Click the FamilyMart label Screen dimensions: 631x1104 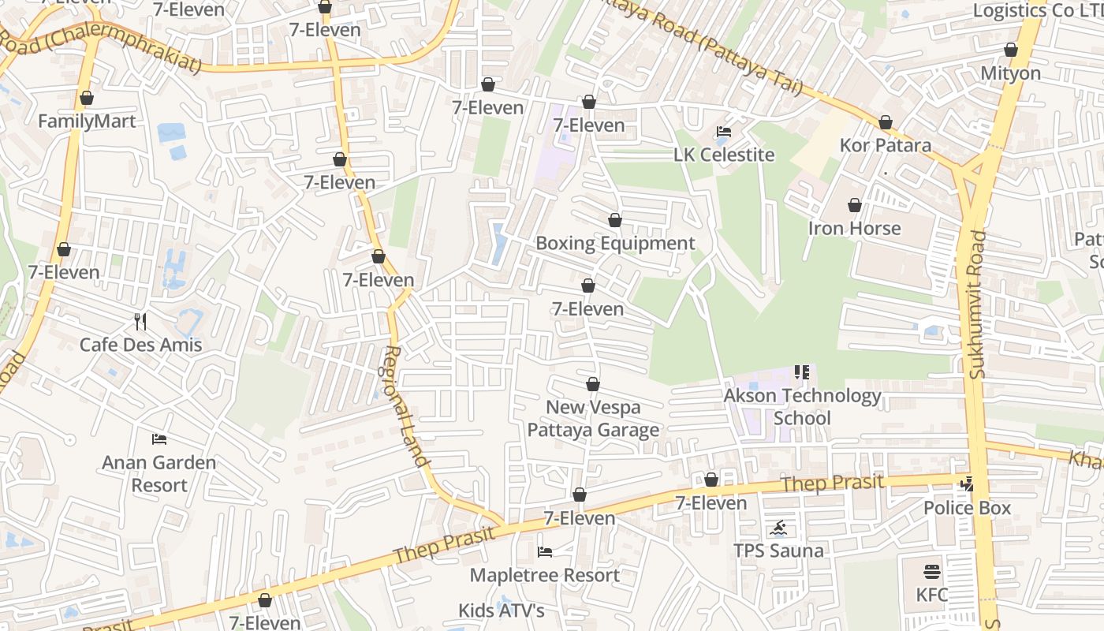pos(87,121)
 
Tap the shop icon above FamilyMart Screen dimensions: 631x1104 pos(87,99)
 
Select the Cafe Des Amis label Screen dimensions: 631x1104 pos(140,345)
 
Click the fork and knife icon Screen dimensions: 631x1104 pos(140,321)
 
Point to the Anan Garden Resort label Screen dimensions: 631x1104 pos(159,473)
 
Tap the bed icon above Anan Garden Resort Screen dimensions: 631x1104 pos(159,439)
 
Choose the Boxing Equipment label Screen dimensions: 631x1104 pos(615,243)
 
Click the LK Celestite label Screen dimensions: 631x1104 pos(724,155)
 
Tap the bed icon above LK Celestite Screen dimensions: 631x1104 pos(724,131)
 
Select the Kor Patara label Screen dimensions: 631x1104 pos(885,145)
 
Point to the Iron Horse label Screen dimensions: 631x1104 pos(854,229)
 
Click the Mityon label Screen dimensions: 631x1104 pos(1010,73)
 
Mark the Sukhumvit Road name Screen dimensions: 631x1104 pos(978,304)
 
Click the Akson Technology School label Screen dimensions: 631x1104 pos(802,406)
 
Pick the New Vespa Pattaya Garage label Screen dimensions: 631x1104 pos(593,419)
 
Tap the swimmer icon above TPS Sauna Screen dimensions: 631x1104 pos(779,528)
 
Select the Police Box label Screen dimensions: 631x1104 pos(967,508)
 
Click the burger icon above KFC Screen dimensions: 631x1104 pos(932,571)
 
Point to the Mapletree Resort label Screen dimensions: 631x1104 pos(544,575)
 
